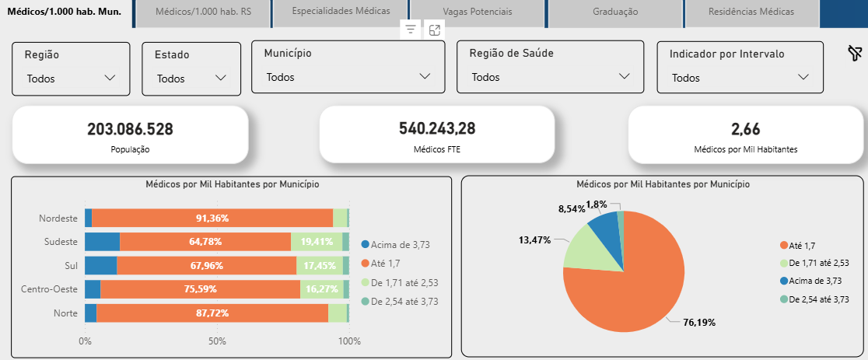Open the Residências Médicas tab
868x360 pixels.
pyautogui.click(x=751, y=12)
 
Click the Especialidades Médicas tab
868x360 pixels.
pyautogui.click(x=341, y=12)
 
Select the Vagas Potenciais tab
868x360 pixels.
pyautogui.click(x=478, y=12)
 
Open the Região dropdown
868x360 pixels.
pyautogui.click(x=71, y=78)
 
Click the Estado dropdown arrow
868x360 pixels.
pyautogui.click(x=221, y=78)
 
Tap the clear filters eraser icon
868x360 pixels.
pyautogui.click(x=854, y=53)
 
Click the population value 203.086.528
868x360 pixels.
pyautogui.click(x=130, y=129)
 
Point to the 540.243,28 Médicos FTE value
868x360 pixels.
pyautogui.click(x=436, y=129)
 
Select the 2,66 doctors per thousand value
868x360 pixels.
pyautogui.click(x=745, y=129)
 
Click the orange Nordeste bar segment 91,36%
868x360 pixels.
pyautogui.click(x=212, y=218)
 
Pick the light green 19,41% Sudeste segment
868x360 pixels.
pyautogui.click(x=317, y=242)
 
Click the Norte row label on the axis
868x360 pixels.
pyautogui.click(x=65, y=313)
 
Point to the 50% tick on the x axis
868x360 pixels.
pyautogui.click(x=217, y=341)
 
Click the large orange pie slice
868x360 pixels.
pyautogui.click(x=630, y=288)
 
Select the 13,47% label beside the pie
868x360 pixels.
pyautogui.click(x=534, y=239)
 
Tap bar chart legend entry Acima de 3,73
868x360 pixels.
pyautogui.click(x=400, y=244)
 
